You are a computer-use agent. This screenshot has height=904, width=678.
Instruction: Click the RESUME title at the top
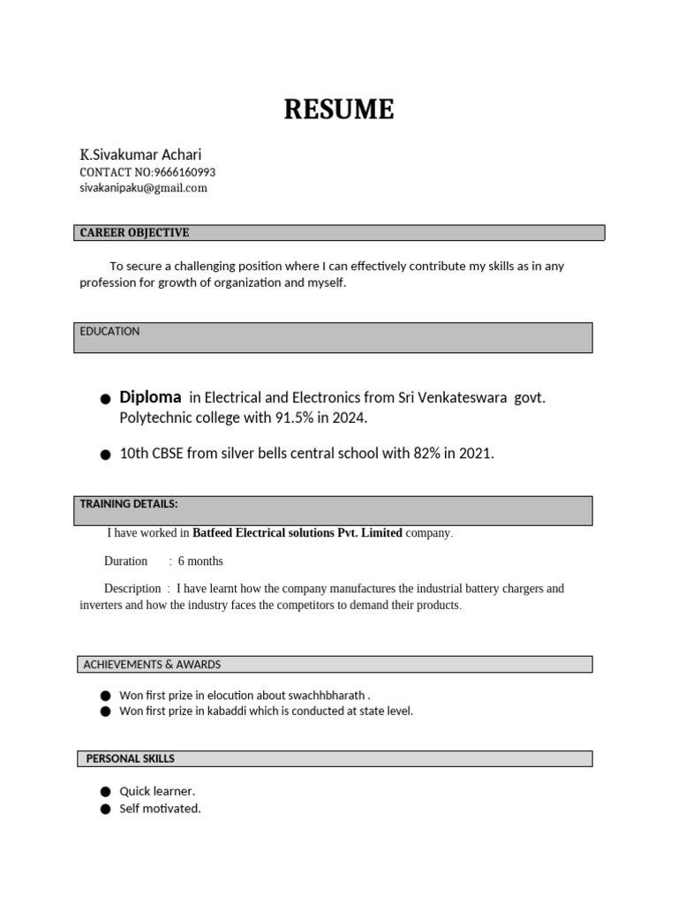(338, 110)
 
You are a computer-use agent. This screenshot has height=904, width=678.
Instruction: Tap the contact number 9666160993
(185, 172)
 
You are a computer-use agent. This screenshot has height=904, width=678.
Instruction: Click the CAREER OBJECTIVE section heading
(134, 233)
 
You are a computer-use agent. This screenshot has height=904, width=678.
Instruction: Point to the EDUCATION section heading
(109, 332)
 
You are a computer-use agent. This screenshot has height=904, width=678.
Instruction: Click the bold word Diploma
(150, 397)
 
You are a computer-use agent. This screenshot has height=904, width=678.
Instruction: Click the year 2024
(347, 418)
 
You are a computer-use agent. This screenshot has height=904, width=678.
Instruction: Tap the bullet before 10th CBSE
(105, 455)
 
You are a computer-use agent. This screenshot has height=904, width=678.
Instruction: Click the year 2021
(475, 454)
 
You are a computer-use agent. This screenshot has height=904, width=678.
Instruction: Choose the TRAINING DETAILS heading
(129, 504)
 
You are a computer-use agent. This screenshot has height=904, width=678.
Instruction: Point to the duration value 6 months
(200, 561)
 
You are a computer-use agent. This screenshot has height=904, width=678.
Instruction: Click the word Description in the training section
(132, 589)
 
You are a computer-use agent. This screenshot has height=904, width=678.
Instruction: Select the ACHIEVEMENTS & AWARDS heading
(152, 664)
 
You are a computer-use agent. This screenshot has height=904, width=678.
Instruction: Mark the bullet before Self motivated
(105, 809)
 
